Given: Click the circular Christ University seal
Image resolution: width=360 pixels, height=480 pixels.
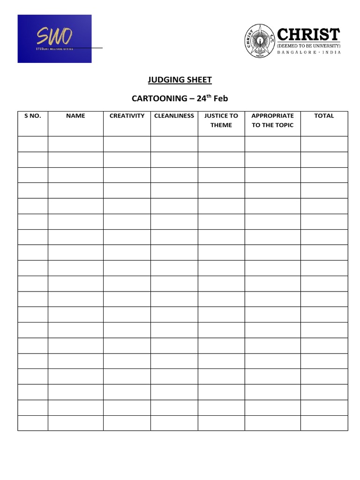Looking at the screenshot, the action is [258, 41].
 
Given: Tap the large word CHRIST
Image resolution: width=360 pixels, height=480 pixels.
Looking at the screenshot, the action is [308, 34].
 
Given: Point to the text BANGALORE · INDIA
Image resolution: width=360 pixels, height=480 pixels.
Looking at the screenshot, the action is [309, 52].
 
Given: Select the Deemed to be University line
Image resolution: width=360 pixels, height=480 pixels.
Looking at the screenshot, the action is [308, 46].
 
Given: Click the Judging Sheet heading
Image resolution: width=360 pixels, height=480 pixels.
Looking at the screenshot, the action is [180, 80].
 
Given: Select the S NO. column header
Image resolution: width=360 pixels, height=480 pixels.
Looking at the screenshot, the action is [32, 116].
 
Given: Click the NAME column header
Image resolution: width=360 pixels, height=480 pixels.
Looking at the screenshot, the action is [75, 116].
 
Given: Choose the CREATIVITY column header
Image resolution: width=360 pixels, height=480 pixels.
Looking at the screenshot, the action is [127, 116].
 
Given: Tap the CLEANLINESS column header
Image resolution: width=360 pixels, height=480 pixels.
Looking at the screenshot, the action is [174, 116].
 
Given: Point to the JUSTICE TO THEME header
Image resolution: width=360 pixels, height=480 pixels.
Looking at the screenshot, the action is [221, 120].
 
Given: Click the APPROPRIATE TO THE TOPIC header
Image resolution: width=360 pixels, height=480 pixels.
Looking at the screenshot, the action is [273, 120].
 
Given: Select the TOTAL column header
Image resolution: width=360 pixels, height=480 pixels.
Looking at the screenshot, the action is [324, 116].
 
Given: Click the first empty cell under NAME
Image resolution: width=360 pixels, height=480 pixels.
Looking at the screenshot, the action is [75, 144].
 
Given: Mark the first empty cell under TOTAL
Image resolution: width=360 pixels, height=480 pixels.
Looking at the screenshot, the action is [324, 144].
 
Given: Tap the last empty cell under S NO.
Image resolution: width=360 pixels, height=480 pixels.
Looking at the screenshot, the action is [32, 423].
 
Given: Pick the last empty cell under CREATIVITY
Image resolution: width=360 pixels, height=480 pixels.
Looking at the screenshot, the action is [127, 423].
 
